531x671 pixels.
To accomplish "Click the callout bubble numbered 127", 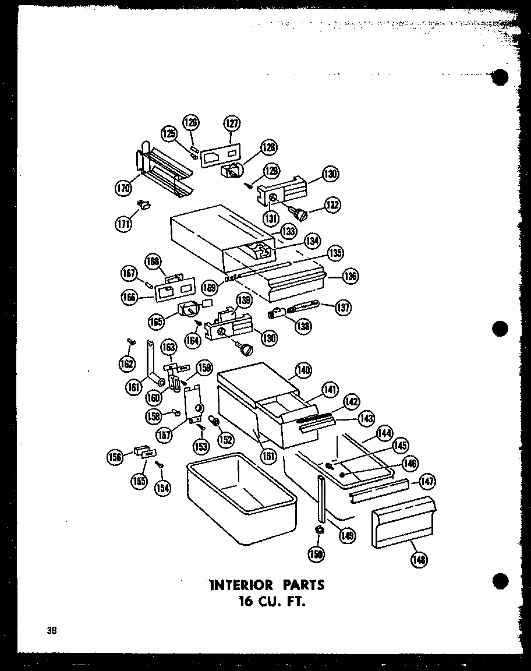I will [232, 123].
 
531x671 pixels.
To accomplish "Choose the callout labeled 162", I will [126, 365].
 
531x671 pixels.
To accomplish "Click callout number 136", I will [351, 277].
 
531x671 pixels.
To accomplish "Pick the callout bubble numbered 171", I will [123, 225].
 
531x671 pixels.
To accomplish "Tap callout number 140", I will [303, 370].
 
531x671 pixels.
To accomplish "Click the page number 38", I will [53, 630].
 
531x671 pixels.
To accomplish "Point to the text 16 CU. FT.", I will [265, 602].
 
